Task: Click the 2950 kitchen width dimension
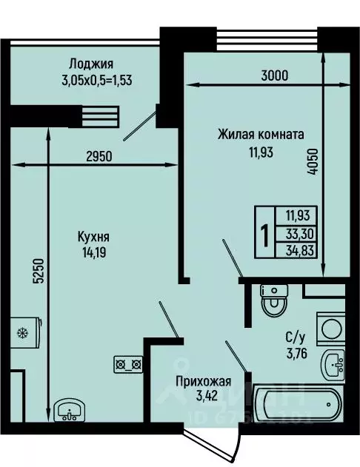click(101, 156)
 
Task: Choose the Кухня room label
click(93, 238)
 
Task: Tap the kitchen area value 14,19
click(93, 252)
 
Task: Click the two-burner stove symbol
click(127, 363)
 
